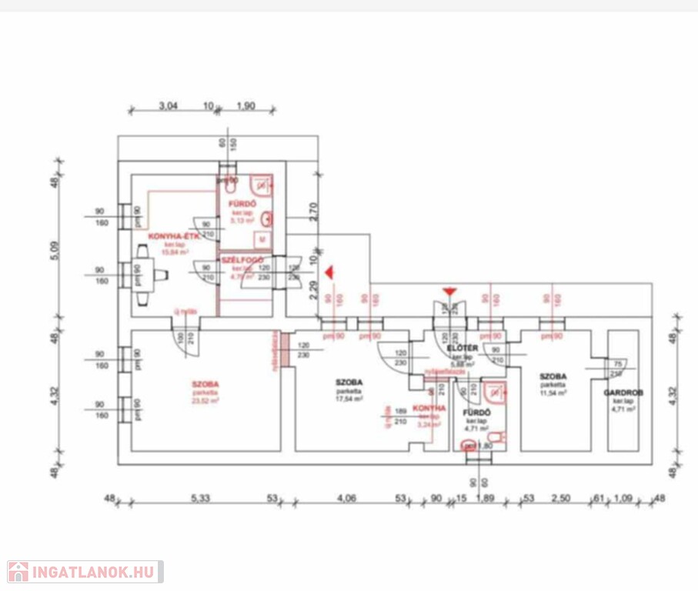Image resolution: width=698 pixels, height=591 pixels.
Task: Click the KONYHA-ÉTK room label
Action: click(175, 237)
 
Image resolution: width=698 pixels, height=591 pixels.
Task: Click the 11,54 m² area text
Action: click(553, 392)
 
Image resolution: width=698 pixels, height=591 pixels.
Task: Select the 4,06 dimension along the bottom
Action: click(346, 499)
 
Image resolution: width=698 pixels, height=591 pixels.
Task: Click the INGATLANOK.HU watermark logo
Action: click(85, 572)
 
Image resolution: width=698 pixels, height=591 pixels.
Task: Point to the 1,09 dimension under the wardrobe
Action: click(622, 499)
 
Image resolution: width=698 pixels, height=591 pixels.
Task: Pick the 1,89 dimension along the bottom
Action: click(486, 499)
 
